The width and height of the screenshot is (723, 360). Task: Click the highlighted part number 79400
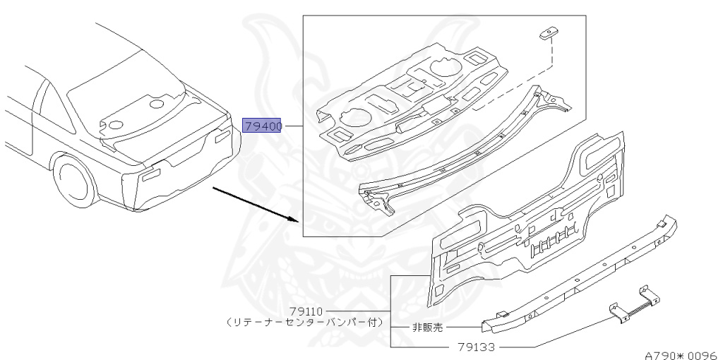pyautogui.click(x=263, y=126)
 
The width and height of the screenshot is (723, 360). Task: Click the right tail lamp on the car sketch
pyautogui.click(x=221, y=136)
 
